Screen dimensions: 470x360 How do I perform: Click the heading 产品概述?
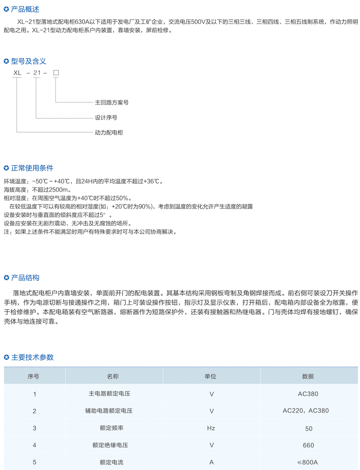25,9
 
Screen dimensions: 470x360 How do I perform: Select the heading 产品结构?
25,278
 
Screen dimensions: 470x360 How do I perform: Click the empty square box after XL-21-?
56,73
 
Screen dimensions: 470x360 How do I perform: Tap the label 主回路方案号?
111,103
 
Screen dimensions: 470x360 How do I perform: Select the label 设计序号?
106,117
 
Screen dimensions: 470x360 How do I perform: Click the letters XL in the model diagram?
17,73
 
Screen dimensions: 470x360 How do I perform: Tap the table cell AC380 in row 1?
308,394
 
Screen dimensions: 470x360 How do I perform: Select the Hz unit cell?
211,428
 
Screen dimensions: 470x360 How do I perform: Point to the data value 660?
309,446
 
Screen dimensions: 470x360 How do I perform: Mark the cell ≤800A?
308,462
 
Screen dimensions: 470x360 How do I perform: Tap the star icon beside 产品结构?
6,278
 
